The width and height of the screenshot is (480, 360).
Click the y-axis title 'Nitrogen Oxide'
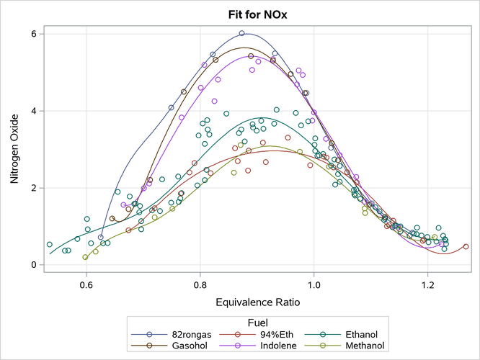coord(14,148)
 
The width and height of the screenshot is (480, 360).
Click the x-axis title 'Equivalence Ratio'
coord(257,303)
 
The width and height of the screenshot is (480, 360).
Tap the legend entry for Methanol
coord(352,346)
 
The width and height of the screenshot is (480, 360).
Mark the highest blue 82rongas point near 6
coord(241,33)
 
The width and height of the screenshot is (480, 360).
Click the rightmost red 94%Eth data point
coord(466,246)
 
